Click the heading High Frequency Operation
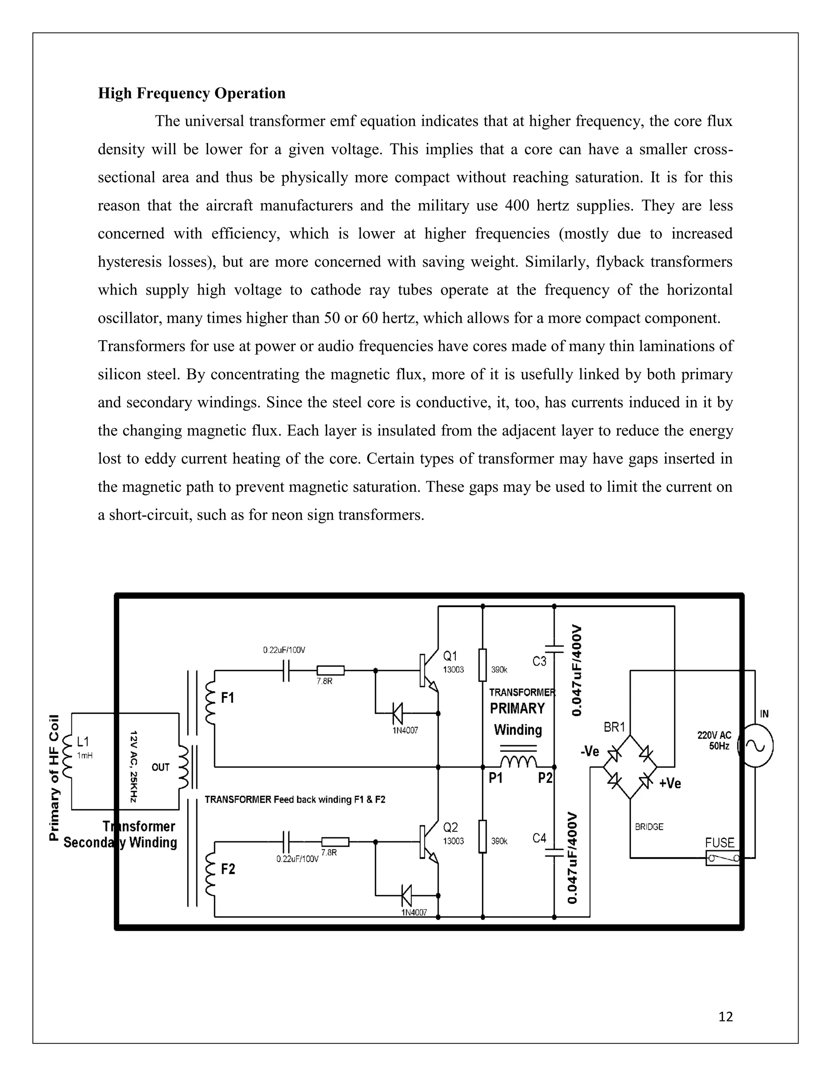(192, 93)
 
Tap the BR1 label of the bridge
(614, 727)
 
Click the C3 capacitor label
(540, 661)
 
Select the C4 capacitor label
(540, 838)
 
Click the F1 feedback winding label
(228, 698)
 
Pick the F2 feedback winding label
(228, 869)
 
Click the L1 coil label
(83, 741)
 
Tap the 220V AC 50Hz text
(714, 741)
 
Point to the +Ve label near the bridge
(670, 783)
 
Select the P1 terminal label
(495, 778)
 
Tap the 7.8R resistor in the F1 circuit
(330, 670)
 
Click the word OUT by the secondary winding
(161, 767)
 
